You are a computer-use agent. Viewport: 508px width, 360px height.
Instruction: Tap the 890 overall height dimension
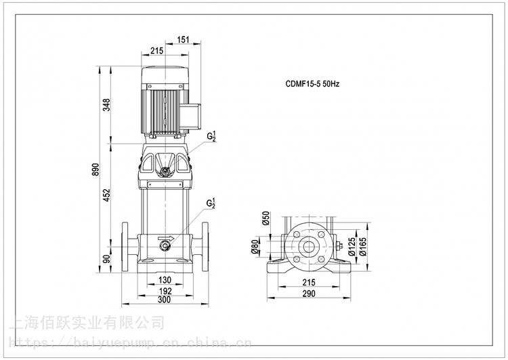point(96,168)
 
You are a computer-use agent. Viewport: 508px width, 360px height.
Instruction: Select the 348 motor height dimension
point(107,105)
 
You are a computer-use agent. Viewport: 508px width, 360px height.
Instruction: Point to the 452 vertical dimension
point(107,195)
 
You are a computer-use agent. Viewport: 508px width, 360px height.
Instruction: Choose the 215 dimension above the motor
point(157,50)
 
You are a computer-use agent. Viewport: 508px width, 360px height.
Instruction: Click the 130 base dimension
point(164,281)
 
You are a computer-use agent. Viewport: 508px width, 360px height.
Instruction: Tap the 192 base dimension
point(164,290)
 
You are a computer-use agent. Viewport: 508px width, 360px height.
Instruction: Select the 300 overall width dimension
point(164,300)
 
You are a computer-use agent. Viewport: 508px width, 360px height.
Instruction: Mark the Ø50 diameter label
point(266,220)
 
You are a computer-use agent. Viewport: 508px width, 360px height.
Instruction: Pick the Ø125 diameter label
point(352,249)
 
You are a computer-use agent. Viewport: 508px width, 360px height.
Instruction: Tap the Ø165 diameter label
point(363,249)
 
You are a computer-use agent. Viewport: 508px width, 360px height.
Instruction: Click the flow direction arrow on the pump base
point(164,238)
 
